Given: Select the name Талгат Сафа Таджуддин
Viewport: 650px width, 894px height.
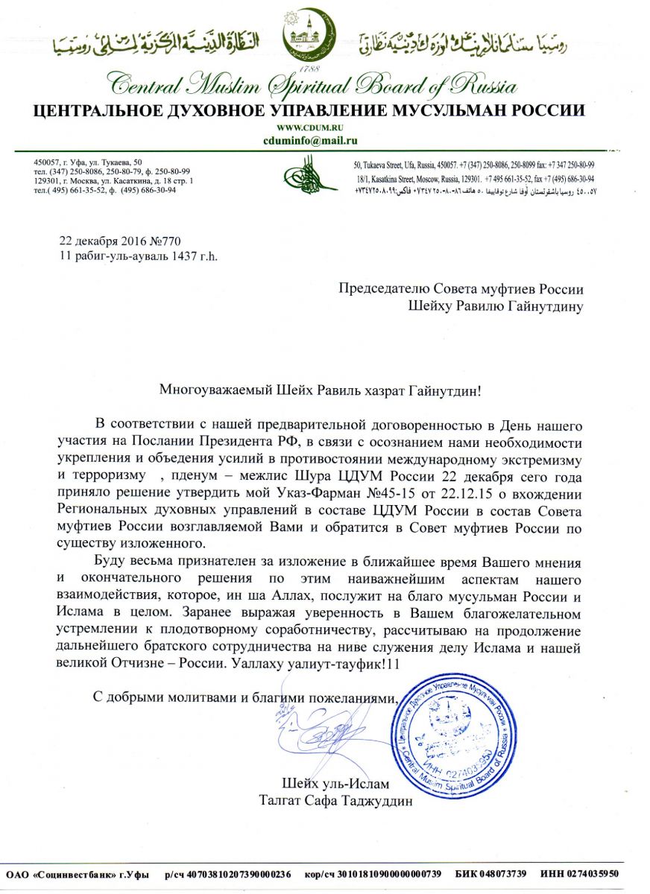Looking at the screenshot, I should pos(335,802).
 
